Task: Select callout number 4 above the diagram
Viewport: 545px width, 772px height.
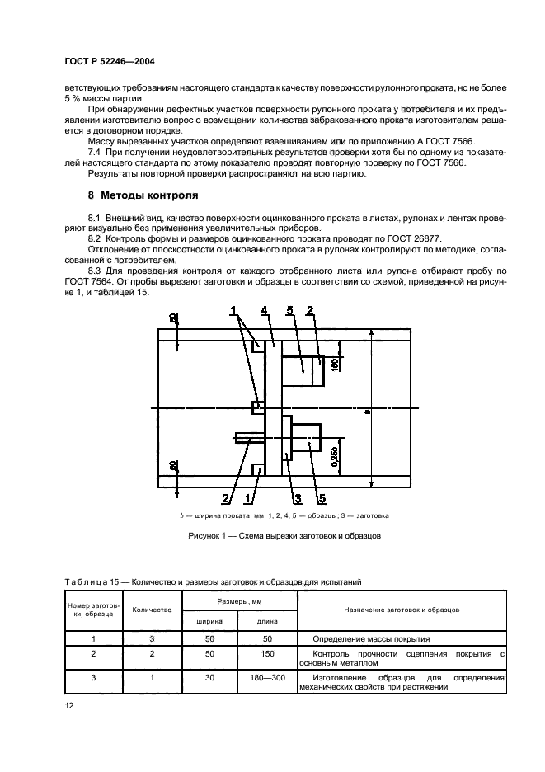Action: pos(263,311)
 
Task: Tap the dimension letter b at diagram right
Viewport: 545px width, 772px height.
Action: pos(367,411)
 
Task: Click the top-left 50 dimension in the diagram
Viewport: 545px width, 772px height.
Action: pos(172,318)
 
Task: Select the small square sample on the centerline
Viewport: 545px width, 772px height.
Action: pos(258,407)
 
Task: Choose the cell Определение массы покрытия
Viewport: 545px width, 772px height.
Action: pos(372,638)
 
